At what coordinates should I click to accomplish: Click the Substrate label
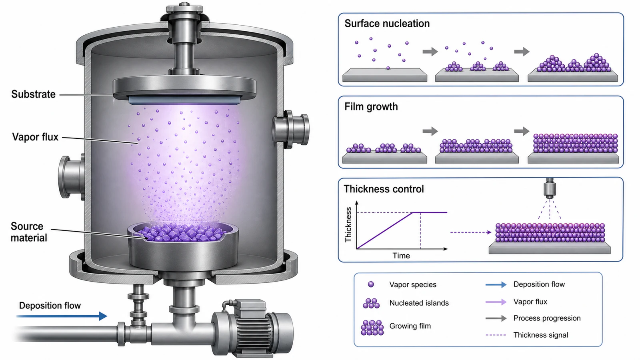point(34,94)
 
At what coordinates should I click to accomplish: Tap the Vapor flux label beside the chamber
point(35,137)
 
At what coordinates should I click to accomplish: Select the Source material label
point(29,232)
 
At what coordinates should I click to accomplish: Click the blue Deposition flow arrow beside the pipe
point(62,316)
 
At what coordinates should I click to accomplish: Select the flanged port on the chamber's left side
point(72,177)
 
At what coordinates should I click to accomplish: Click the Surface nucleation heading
point(387,24)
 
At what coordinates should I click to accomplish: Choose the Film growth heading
point(371,106)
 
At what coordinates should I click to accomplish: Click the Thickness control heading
point(384,189)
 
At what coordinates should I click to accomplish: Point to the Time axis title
point(401,256)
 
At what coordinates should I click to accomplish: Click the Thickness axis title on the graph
point(348,224)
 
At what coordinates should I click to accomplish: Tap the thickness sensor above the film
point(550,188)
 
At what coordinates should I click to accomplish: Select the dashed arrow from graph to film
point(471,232)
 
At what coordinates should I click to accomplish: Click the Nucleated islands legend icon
point(371,303)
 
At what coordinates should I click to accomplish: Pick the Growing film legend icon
point(372,328)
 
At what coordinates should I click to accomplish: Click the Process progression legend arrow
point(496,318)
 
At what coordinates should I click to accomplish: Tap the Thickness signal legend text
point(540,335)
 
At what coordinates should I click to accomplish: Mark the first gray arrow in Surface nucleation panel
point(430,52)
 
